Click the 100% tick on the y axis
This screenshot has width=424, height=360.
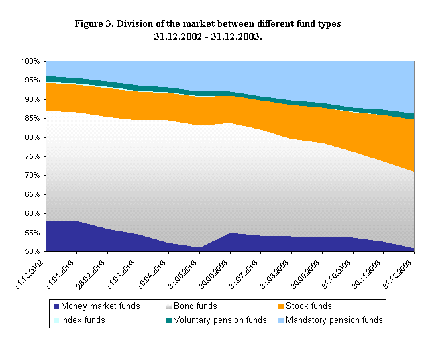click(x=31, y=61)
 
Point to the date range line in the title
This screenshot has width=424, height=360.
click(x=207, y=36)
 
